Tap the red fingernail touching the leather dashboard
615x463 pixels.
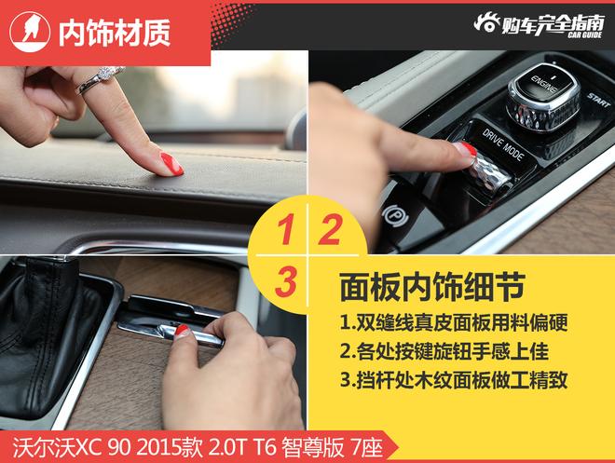(171, 164)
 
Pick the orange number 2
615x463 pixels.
(327, 232)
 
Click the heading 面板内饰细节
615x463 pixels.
(419, 283)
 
